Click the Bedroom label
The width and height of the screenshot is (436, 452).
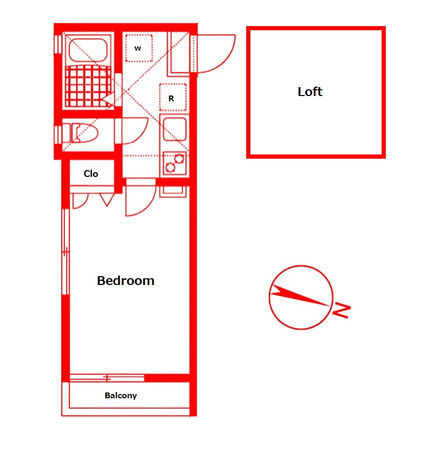tap(125, 281)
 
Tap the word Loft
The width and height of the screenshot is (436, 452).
tap(310, 92)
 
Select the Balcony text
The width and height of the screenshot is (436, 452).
tap(121, 396)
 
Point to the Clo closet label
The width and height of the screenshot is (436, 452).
tap(91, 174)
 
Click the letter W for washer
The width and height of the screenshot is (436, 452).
tap(138, 49)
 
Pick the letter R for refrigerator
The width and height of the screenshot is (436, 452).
tap(171, 98)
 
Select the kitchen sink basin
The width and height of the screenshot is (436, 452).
tap(174, 129)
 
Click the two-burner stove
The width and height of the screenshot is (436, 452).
tap(174, 163)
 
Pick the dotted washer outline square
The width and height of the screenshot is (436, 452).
tap(139, 48)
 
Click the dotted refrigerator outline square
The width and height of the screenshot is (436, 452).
tap(172, 98)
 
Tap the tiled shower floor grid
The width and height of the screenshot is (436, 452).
tap(89, 87)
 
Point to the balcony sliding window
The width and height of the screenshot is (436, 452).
tap(107, 377)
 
